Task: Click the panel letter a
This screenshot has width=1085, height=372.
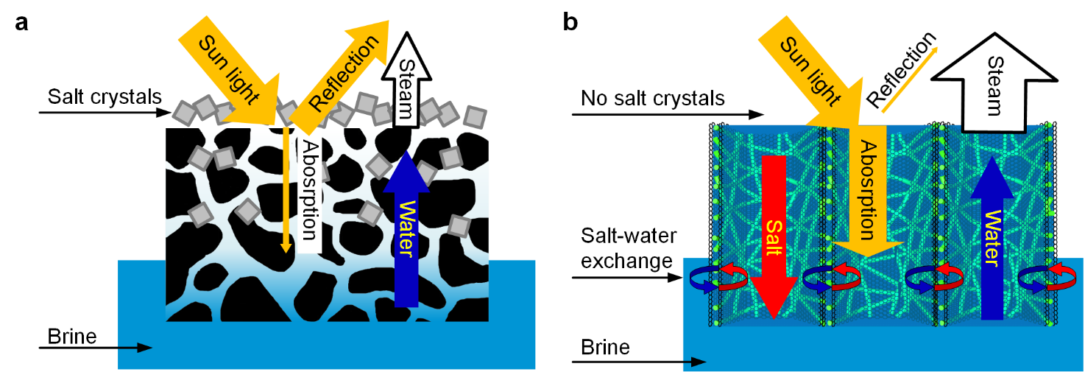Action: pos(22,22)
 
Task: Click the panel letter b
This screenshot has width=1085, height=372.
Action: pos(570,22)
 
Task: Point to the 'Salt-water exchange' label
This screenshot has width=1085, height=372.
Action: pos(626,248)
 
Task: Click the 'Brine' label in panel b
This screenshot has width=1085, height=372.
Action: pos(606,346)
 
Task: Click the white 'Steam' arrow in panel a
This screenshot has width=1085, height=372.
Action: pos(406,81)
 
